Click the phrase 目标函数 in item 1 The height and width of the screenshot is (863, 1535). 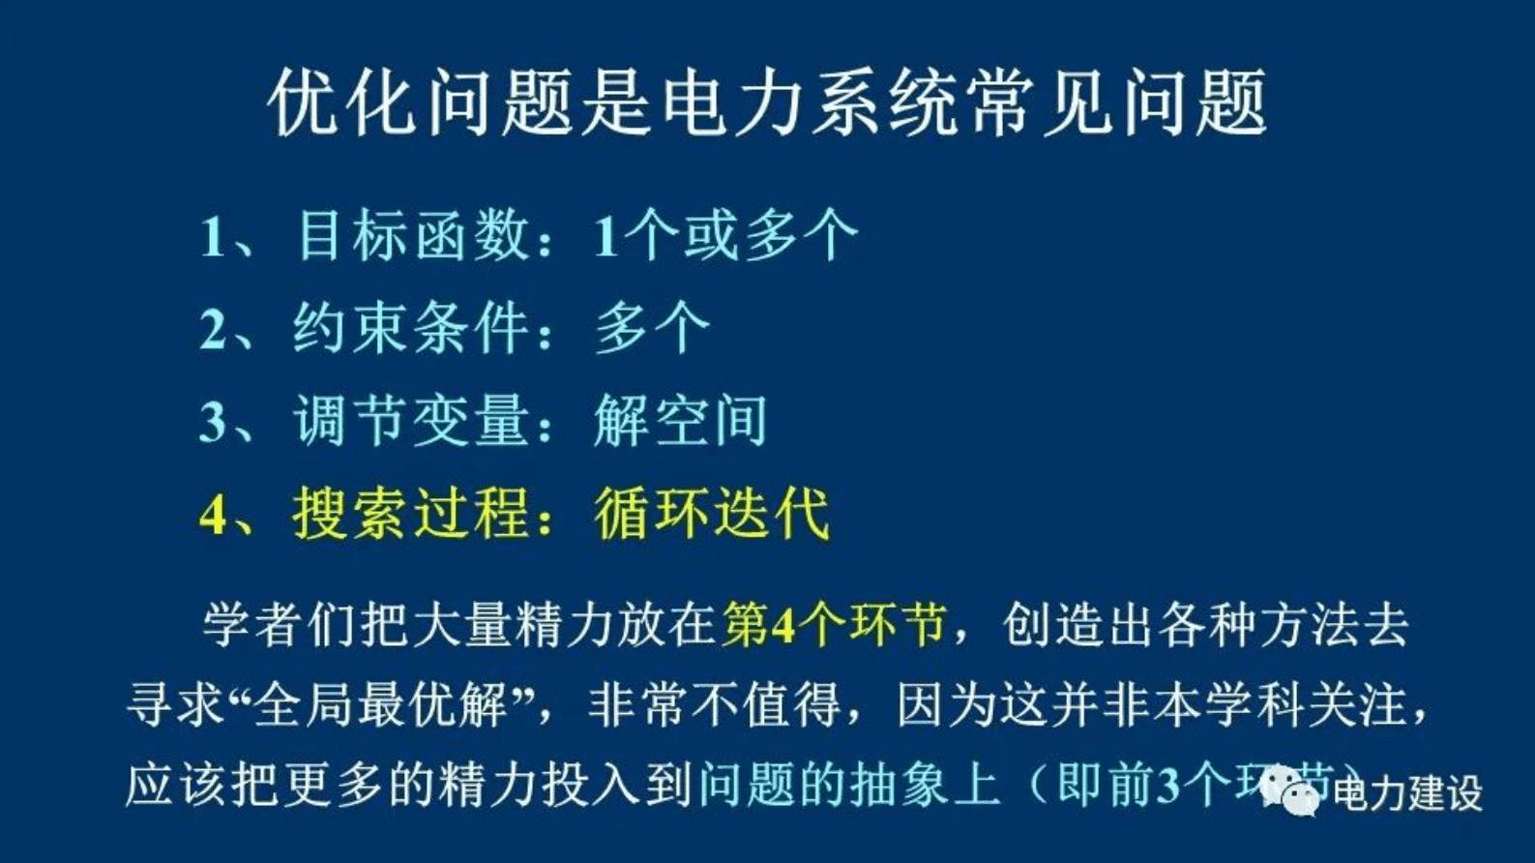click(x=414, y=235)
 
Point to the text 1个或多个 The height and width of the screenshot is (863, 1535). click(x=725, y=235)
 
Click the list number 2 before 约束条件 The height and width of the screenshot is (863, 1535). click(x=212, y=330)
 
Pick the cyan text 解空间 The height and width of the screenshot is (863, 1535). click(x=680, y=421)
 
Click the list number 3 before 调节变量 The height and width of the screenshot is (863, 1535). click(x=212, y=423)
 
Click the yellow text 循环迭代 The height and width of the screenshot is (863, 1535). click(x=712, y=513)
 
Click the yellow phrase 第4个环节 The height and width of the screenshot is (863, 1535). click(x=833, y=625)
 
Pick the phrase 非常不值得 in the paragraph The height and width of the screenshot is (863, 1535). click(x=714, y=705)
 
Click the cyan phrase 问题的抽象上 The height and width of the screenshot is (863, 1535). click(x=848, y=785)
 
